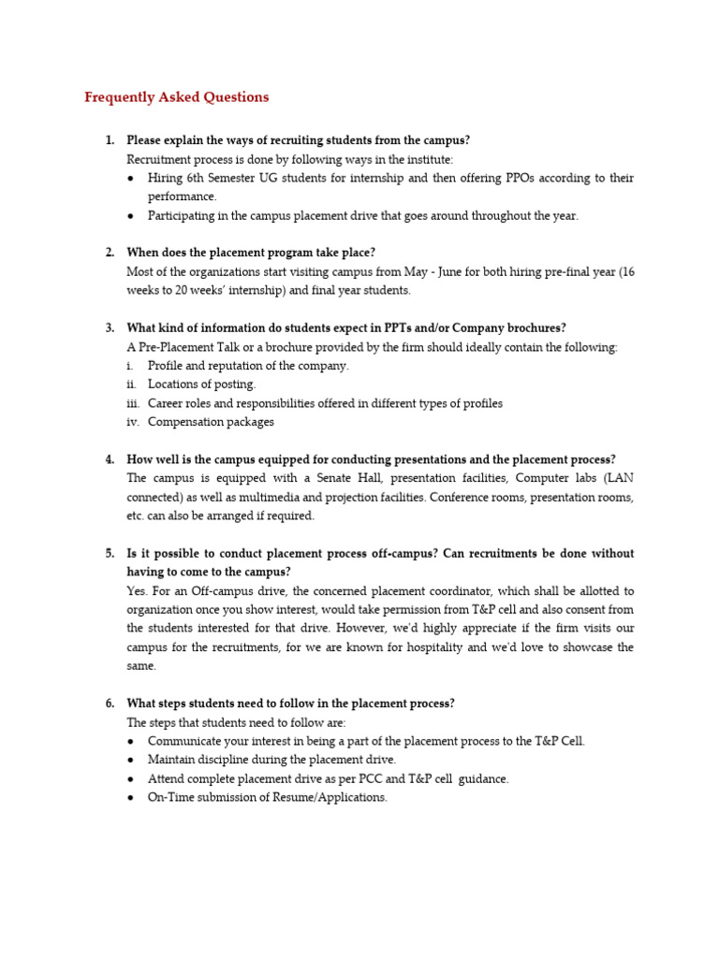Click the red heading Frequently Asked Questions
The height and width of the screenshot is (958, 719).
[176, 97]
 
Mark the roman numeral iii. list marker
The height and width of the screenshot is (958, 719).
[132, 403]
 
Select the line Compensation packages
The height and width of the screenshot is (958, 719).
[211, 422]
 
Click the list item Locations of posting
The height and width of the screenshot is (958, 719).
[201, 385]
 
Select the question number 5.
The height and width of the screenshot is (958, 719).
[110, 553]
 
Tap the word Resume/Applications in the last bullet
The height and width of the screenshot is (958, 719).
[330, 797]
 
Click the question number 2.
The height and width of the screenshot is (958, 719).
[110, 253]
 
